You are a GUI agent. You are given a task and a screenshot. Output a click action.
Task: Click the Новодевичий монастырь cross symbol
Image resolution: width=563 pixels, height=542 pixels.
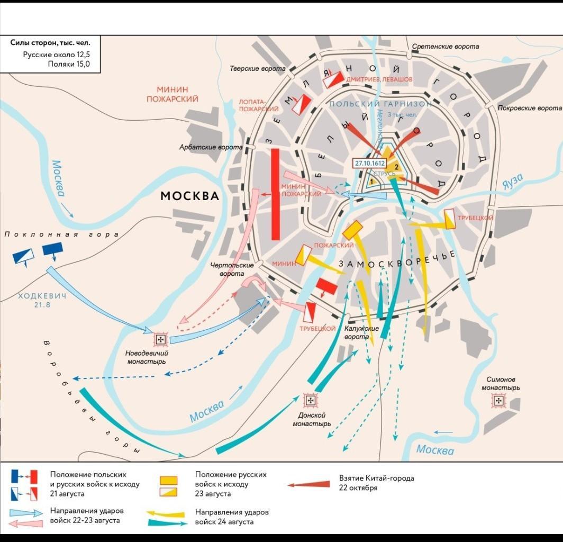click(160, 339)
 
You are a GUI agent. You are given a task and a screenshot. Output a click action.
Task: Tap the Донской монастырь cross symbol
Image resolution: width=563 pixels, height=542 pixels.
click(310, 401)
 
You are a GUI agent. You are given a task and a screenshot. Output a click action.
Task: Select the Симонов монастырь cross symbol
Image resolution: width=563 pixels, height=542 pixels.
click(498, 401)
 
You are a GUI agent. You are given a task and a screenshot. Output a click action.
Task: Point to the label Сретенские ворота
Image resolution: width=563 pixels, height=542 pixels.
click(446, 47)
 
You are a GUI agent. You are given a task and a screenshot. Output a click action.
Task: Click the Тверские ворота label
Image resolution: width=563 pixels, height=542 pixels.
click(258, 69)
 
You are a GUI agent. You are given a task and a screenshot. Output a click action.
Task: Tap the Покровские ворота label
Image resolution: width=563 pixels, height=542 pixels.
click(530, 108)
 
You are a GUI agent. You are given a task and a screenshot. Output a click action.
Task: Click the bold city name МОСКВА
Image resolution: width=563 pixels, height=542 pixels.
click(189, 196)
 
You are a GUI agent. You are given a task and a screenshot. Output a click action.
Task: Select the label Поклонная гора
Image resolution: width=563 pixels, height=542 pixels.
click(61, 234)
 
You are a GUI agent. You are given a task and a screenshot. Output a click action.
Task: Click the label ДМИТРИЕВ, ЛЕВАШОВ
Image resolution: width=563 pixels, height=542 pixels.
click(379, 79)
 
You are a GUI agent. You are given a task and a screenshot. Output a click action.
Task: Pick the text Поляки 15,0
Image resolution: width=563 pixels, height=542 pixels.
click(69, 64)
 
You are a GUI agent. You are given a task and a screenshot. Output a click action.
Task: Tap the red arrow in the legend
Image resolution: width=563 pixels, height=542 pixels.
click(308, 484)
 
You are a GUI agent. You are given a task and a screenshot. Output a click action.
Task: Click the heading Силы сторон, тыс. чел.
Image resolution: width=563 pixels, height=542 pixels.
click(50, 42)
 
